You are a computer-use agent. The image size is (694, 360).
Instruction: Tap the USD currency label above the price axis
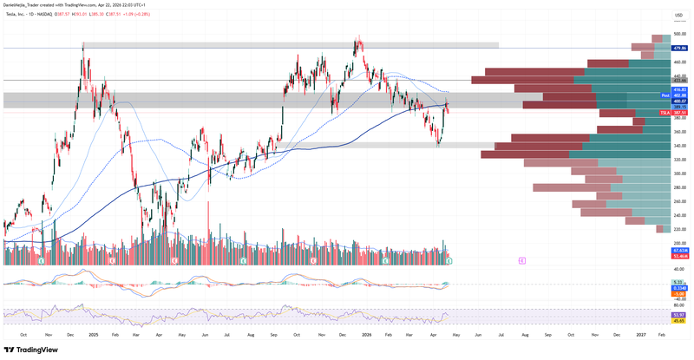[679, 15]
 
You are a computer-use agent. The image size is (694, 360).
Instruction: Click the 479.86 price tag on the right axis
[680, 49]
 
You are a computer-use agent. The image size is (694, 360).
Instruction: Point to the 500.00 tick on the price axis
[680, 35]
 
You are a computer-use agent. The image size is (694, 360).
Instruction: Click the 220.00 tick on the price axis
[680, 229]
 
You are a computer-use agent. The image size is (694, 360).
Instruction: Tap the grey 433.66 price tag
[680, 81]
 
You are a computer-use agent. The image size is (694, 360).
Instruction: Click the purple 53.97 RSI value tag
[680, 315]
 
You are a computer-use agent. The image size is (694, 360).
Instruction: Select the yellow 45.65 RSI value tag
[680, 321]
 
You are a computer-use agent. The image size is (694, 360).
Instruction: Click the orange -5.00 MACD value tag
[680, 294]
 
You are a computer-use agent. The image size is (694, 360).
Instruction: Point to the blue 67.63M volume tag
[680, 250]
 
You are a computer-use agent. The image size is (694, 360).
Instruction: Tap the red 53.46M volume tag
[680, 257]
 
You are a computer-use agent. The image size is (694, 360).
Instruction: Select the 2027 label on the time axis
[640, 333]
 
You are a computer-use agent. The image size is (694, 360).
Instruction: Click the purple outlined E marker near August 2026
[521, 260]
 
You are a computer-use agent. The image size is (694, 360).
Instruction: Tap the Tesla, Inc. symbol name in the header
[16, 14]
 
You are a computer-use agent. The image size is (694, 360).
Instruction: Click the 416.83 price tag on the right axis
[680, 89]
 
